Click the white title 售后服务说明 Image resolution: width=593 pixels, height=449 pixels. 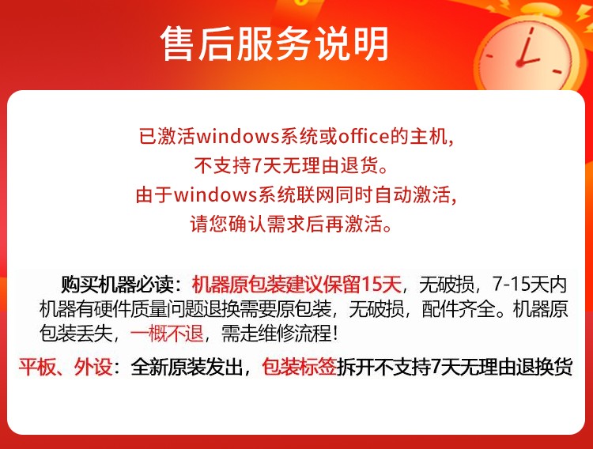(x=274, y=44)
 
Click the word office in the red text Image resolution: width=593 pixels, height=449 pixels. (x=364, y=136)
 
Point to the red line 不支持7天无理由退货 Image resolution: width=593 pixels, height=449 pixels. (x=291, y=165)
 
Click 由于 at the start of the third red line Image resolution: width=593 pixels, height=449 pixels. (x=154, y=194)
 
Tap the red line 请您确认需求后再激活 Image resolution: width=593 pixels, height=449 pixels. (x=290, y=224)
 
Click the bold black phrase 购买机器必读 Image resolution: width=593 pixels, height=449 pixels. (x=117, y=285)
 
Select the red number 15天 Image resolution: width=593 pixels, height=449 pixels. (x=381, y=285)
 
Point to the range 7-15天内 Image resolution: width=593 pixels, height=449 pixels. (x=530, y=285)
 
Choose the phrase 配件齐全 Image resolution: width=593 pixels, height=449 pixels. (x=459, y=309)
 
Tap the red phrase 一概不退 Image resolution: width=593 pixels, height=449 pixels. (x=167, y=334)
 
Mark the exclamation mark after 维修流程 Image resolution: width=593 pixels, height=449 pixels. (x=334, y=334)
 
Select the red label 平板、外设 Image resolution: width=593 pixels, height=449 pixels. (x=66, y=367)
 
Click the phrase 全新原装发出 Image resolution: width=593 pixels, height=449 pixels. (x=187, y=367)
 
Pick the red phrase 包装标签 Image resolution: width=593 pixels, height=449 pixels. (x=299, y=367)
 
